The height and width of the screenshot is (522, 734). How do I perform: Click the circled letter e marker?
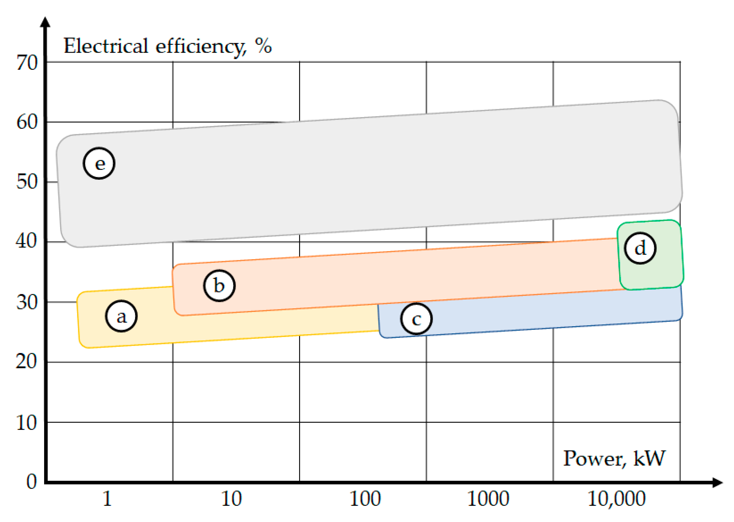pos(99,163)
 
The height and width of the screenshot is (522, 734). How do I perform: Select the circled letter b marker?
pos(219,285)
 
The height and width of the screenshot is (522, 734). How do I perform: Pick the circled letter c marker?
pos(416,319)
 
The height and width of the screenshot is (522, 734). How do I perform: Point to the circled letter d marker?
pos(640,248)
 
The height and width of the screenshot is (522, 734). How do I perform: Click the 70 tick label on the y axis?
pos(27,62)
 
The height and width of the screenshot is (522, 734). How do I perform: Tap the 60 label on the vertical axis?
pos(27,122)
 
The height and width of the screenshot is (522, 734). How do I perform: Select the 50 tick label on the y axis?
pos(27,182)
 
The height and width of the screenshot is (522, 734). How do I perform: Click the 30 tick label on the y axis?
pos(27,302)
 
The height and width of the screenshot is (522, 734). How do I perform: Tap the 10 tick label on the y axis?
pos(27,423)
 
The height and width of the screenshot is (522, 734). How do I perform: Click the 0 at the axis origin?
pos(31,481)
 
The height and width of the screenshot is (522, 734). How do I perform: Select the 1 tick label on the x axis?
pos(107,499)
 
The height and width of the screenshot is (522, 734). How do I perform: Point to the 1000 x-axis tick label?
pos(488,499)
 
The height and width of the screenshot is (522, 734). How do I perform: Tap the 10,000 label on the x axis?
pos(616,499)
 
